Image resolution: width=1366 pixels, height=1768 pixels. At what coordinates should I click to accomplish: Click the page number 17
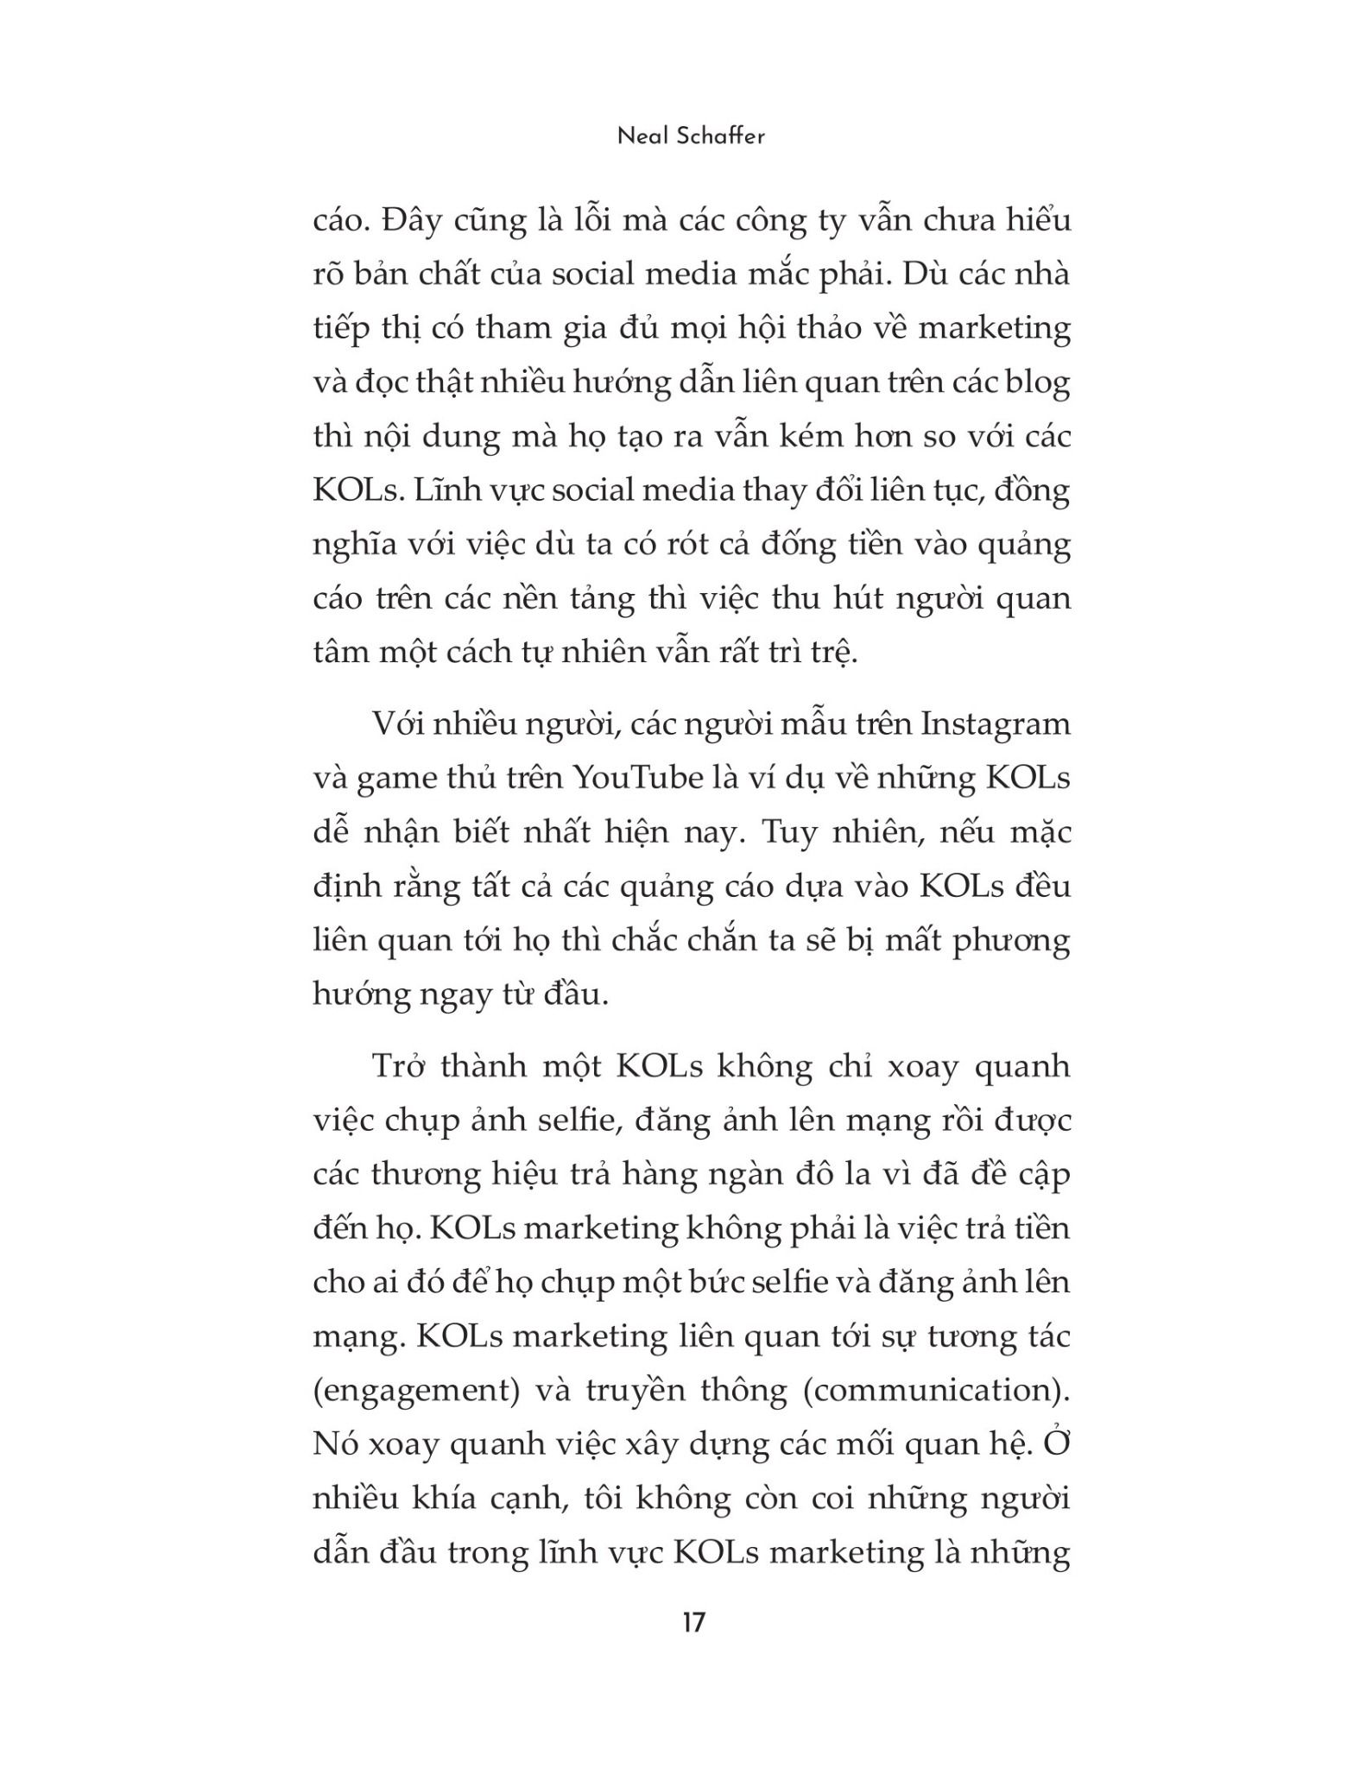[x=693, y=1623]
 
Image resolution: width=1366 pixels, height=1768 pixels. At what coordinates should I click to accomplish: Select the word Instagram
[x=996, y=723]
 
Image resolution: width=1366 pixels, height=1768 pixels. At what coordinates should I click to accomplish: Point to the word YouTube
[x=638, y=778]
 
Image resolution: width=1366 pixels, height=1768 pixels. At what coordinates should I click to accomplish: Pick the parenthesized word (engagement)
[x=416, y=1391]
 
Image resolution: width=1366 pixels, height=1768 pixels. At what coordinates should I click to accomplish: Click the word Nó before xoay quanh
[x=336, y=1444]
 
